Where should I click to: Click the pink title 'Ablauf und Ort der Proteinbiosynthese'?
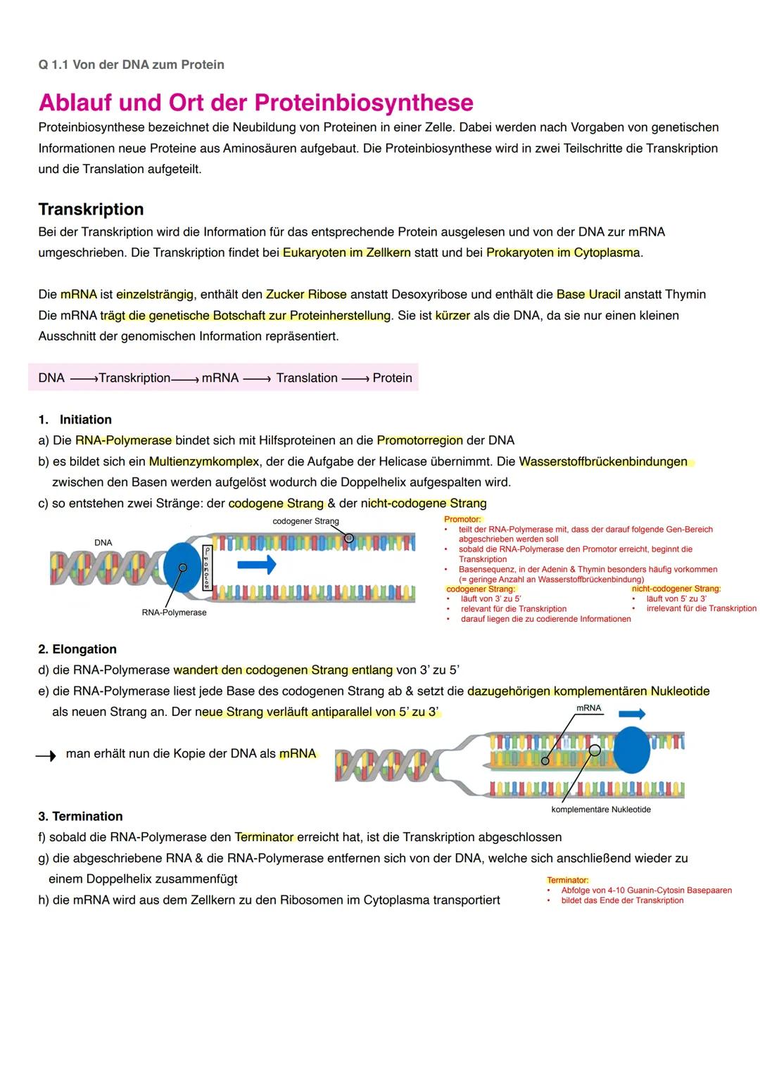click(x=255, y=103)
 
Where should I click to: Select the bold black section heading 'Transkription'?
click(x=91, y=210)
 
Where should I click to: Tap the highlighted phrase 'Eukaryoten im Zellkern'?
click(x=346, y=252)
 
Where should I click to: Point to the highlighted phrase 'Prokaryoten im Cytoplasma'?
click(x=562, y=252)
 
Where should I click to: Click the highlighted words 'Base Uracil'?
click(x=588, y=294)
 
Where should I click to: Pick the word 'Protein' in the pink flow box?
click(x=392, y=378)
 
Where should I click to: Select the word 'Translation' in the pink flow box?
click(x=307, y=378)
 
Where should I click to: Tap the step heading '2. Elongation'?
click(x=77, y=649)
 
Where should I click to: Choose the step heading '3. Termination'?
click(x=80, y=816)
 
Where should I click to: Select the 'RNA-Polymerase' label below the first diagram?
click(x=174, y=613)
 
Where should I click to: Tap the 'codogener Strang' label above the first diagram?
click(x=305, y=521)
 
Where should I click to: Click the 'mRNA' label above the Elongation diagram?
click(x=588, y=708)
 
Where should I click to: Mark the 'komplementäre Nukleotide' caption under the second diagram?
click(x=600, y=810)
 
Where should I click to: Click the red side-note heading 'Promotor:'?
click(x=462, y=520)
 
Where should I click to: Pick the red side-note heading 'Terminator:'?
click(x=567, y=881)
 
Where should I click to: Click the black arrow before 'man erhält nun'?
click(x=46, y=755)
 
